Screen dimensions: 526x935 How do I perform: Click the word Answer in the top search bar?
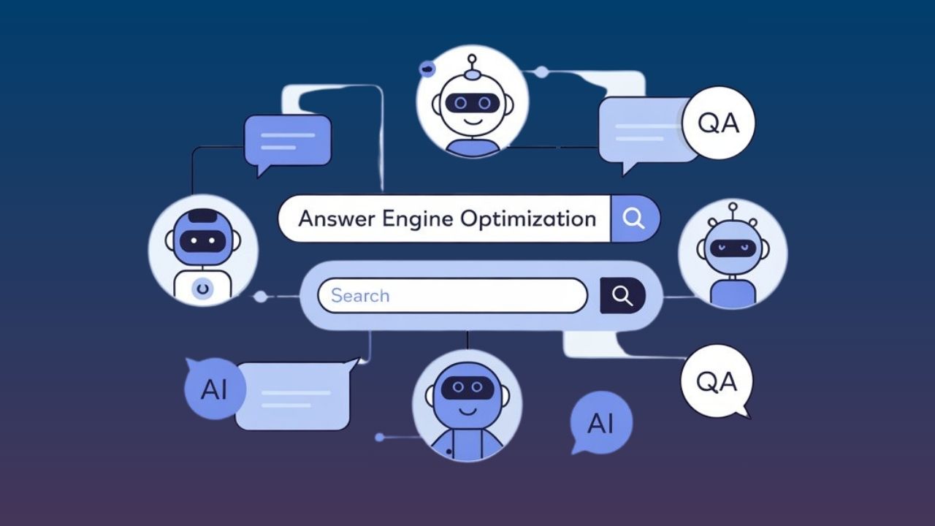click(x=333, y=218)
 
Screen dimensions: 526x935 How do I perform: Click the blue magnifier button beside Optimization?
click(x=634, y=218)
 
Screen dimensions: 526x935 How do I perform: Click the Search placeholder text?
click(x=360, y=296)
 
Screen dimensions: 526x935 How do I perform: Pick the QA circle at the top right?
click(x=719, y=123)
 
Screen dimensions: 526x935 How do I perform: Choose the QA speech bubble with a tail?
click(x=716, y=382)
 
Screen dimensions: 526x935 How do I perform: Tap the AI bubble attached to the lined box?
click(x=213, y=389)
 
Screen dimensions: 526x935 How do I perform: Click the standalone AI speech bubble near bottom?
click(x=600, y=423)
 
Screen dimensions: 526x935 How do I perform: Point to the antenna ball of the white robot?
click(x=473, y=59)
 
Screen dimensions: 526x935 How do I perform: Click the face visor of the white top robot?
click(x=473, y=104)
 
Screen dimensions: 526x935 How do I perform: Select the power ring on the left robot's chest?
click(x=202, y=289)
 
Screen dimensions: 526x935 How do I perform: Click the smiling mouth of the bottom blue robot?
click(x=467, y=410)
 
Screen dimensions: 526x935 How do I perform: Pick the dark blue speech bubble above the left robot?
click(x=288, y=141)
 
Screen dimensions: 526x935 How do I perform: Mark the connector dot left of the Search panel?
click(x=260, y=297)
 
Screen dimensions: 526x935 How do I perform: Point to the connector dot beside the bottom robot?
click(x=379, y=438)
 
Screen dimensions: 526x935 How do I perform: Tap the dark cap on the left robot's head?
click(x=202, y=216)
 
